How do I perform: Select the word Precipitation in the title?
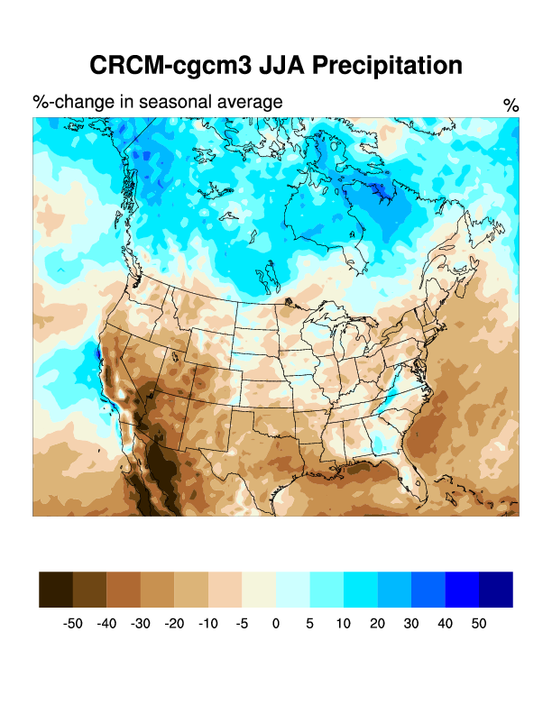pos(388,66)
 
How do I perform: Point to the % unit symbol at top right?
pos(511,105)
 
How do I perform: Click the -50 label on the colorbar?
pos(73,624)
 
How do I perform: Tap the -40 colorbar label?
pos(106,624)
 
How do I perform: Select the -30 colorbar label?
pos(141,624)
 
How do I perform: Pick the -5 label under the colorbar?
pos(242,624)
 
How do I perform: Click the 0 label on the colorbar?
pos(276,624)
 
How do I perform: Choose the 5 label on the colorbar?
pos(309,624)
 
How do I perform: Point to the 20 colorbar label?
pos(377,624)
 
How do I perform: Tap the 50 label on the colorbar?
pos(479,624)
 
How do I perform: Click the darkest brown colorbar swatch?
pos(56,589)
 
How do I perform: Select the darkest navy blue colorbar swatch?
pos(496,589)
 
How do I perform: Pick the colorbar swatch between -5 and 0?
pos(259,589)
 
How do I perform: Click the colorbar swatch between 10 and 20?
pos(360,589)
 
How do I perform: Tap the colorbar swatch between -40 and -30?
pos(124,589)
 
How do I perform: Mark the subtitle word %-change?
pos(68,102)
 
